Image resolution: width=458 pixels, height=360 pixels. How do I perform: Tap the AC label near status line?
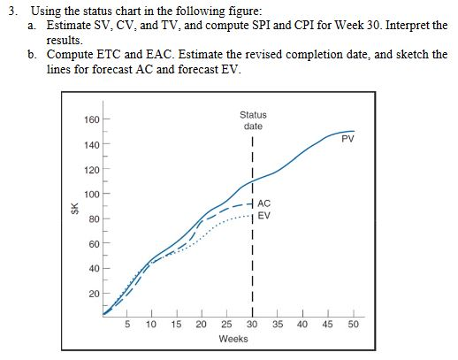(266, 203)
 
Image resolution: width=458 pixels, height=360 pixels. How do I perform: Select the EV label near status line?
(266, 215)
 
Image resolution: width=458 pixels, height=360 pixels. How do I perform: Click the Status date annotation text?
(252, 121)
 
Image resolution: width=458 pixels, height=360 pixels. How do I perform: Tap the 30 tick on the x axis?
(251, 325)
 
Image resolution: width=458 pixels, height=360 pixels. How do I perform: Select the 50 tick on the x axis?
(354, 325)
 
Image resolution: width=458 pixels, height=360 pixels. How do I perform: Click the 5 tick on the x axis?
(127, 325)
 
